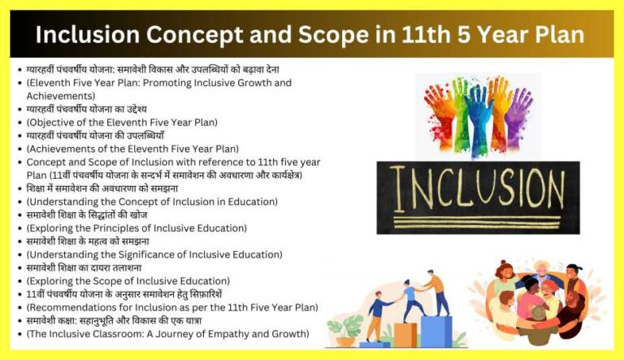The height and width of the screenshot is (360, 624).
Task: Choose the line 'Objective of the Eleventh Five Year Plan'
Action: click(122, 122)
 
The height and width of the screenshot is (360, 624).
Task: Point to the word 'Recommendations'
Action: click(73, 307)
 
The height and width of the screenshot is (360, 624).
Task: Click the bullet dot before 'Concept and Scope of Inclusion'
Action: click(19, 162)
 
